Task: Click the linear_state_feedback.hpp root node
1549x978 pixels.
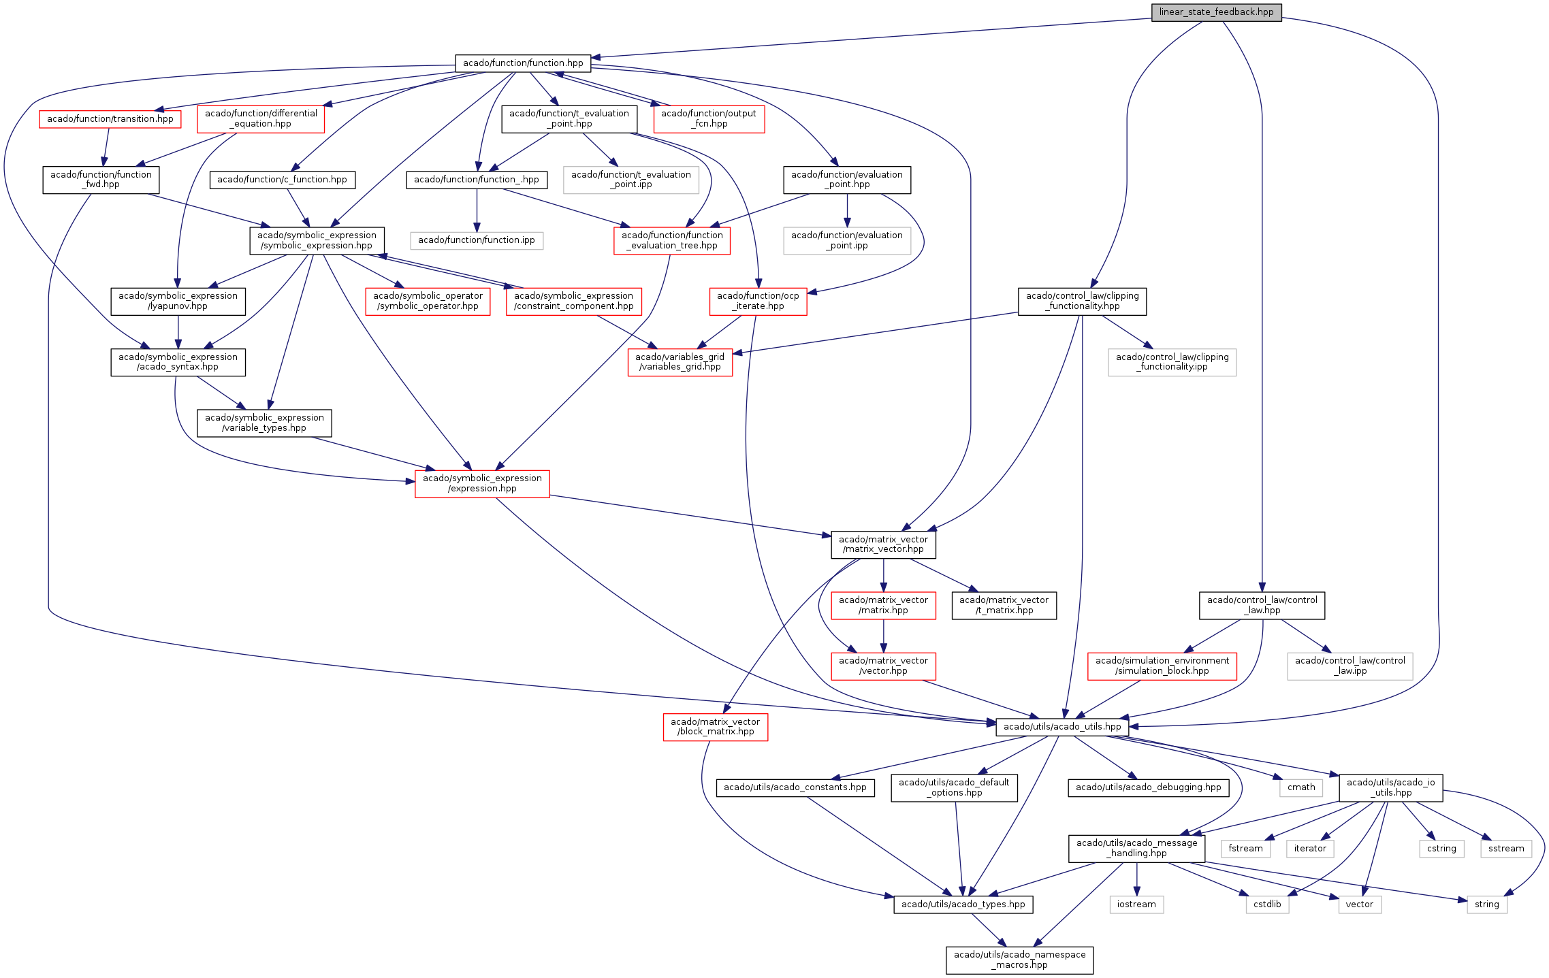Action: pyautogui.click(x=1216, y=12)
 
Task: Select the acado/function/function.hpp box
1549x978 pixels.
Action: pyautogui.click(x=523, y=63)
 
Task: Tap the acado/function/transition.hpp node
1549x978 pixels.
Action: pyautogui.click(x=110, y=119)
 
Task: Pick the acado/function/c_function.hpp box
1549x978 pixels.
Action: pyautogui.click(x=282, y=180)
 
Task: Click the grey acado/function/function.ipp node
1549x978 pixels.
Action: pyautogui.click(x=477, y=240)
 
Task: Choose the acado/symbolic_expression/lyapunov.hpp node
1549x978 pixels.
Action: pyautogui.click(x=178, y=301)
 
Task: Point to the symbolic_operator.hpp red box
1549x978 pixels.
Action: pyautogui.click(x=428, y=301)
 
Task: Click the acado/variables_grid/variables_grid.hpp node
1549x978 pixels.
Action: pyautogui.click(x=680, y=362)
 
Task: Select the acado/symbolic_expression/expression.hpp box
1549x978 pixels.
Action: pyautogui.click(x=482, y=483)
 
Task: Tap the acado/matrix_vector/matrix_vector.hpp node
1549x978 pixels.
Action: pyautogui.click(x=883, y=544)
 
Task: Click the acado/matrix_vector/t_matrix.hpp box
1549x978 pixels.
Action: pyautogui.click(x=1004, y=605)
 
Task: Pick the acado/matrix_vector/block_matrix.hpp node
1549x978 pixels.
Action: pyautogui.click(x=715, y=727)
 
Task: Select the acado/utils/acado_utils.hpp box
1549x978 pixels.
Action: pyautogui.click(x=1062, y=727)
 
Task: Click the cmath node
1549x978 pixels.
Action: pyautogui.click(x=1301, y=787)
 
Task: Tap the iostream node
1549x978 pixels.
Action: pyautogui.click(x=1136, y=904)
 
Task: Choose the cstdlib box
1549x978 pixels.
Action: pyautogui.click(x=1267, y=904)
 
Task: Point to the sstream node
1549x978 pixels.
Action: pyautogui.click(x=1506, y=849)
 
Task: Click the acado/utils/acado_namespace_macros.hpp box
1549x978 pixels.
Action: pyautogui.click(x=1019, y=960)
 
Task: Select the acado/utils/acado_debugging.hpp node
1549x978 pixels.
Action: pyautogui.click(x=1149, y=787)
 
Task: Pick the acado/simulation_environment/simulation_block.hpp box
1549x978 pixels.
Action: pyautogui.click(x=1162, y=666)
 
